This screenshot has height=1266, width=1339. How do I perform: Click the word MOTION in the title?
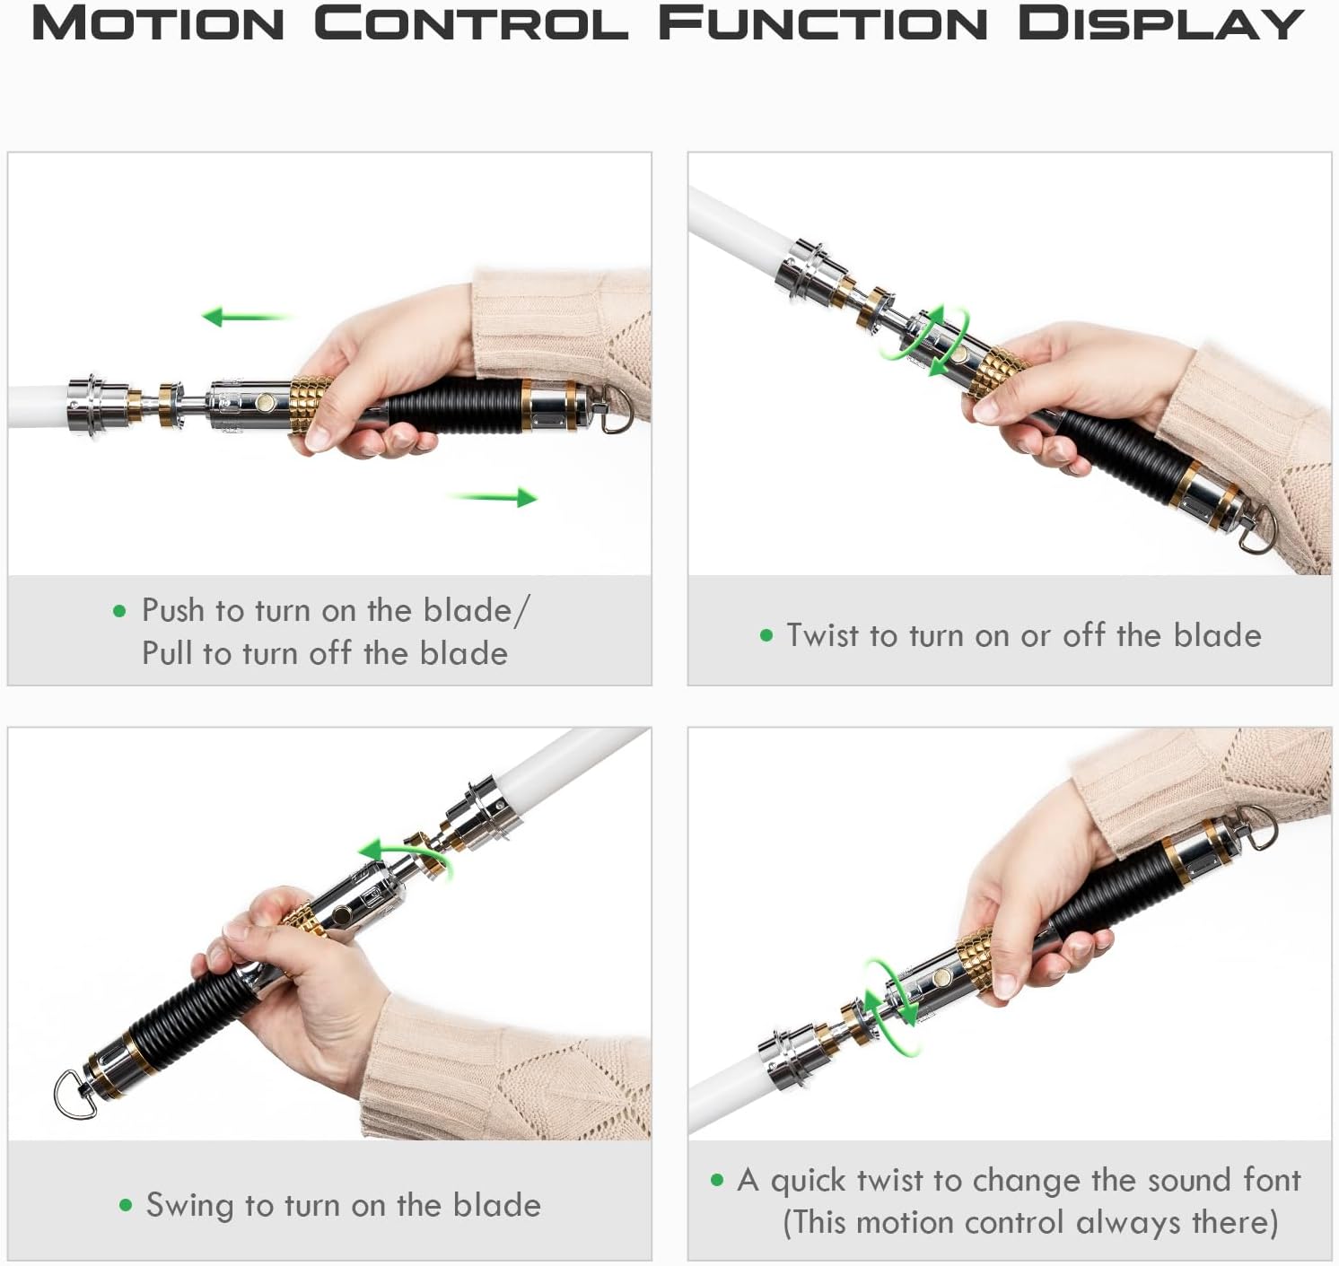tap(158, 24)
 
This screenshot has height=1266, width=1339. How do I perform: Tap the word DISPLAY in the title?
tap(1160, 24)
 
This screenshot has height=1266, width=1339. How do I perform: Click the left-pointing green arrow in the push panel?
tap(247, 317)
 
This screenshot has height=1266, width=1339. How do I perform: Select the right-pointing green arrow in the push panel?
tap(493, 497)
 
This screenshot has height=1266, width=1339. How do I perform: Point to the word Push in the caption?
tap(173, 610)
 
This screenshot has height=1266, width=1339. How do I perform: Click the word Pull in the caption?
tap(168, 654)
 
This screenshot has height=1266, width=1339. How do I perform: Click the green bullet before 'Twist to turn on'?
tap(766, 636)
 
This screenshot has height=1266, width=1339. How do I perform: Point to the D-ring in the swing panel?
tap(74, 1093)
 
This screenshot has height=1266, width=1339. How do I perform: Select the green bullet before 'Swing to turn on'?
tap(126, 1205)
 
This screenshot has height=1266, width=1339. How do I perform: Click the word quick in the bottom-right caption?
tap(809, 1180)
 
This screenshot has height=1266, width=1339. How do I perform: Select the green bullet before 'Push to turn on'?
tap(120, 611)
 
